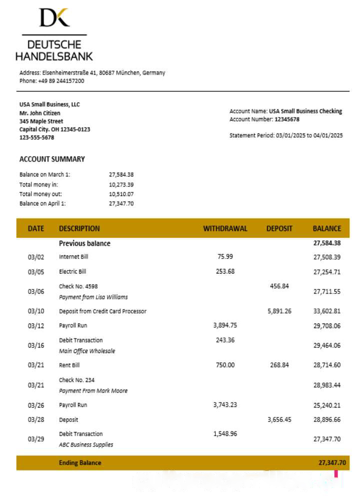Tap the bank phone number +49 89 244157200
[61, 81]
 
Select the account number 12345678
[287, 119]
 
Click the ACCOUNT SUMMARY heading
[52, 159]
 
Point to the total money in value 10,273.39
[121, 184]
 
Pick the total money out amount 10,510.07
[121, 194]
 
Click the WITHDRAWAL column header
[225, 228]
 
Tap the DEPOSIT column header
[279, 228]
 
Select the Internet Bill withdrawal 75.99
[225, 256]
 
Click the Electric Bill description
[72, 271]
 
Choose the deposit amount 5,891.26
[279, 311]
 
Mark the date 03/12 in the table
[36, 325]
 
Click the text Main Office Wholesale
[87, 351]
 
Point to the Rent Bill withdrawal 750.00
[225, 365]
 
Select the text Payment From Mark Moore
[93, 390]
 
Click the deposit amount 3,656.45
[279, 419]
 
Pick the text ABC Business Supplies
[86, 444]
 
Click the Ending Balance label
[80, 462]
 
